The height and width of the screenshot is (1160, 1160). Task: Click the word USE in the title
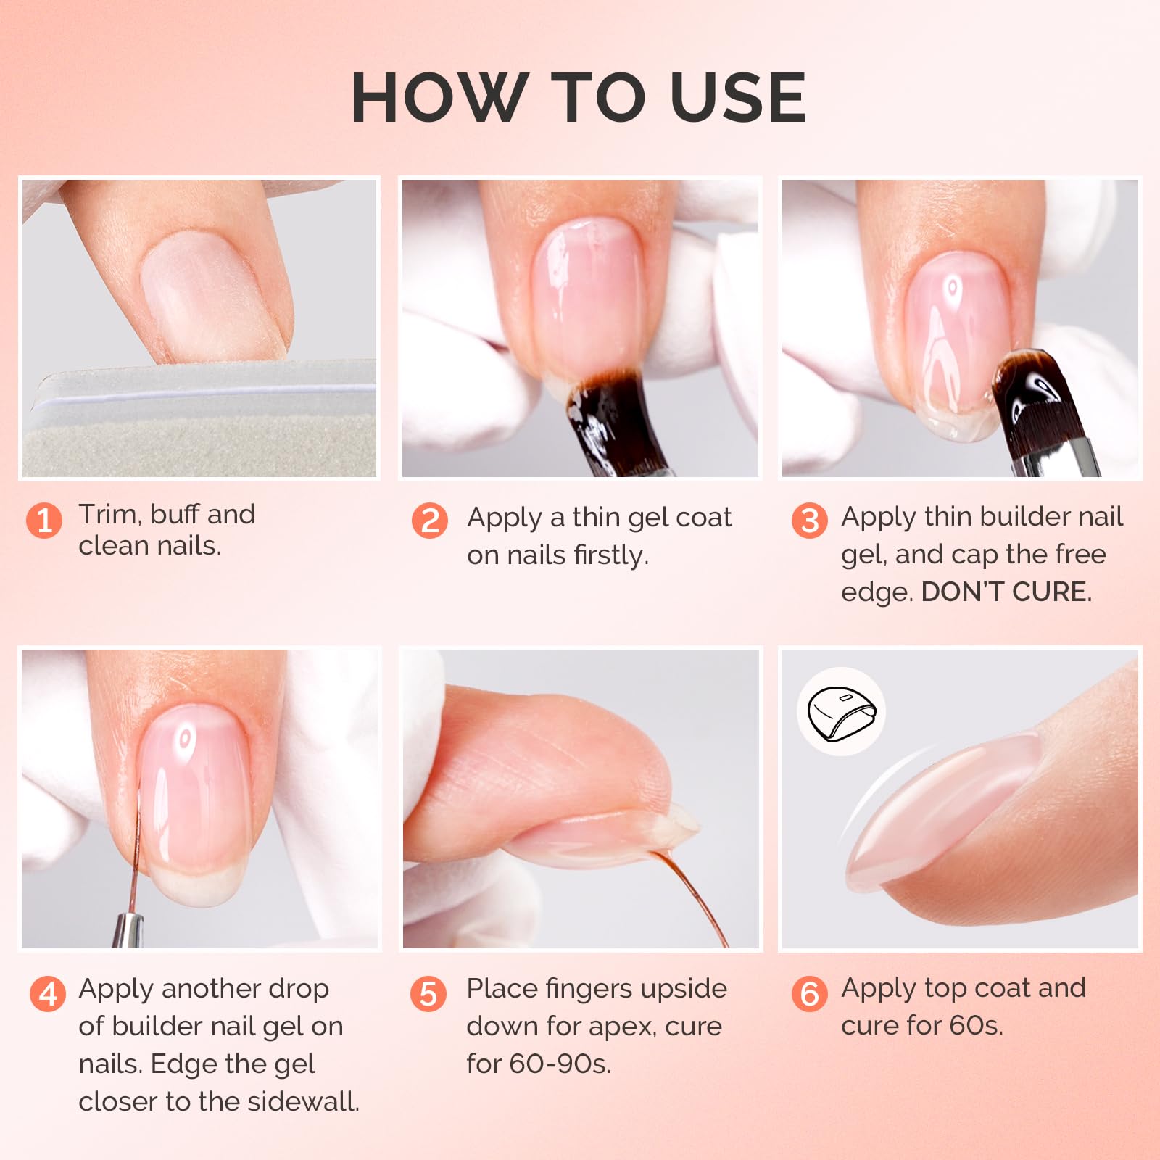[x=737, y=98]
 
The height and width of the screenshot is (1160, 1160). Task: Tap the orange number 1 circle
[x=44, y=521]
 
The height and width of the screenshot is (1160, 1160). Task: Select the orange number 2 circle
[x=430, y=521]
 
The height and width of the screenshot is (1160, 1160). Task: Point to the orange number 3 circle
[x=810, y=521]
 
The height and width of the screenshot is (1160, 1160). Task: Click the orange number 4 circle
[x=48, y=993]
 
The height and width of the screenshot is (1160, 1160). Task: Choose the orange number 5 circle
[x=428, y=993]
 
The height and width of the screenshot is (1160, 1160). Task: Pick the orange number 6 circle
[x=810, y=993]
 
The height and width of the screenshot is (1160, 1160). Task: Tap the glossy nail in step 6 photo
[x=942, y=812]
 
